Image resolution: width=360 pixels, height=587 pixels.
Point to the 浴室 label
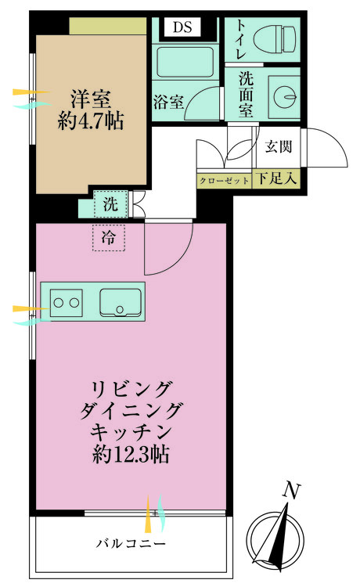[x=169, y=101]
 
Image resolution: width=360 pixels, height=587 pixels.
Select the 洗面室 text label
[x=246, y=94]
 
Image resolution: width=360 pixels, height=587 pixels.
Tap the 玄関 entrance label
[x=278, y=146]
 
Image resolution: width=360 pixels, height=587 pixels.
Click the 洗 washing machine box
[x=110, y=206]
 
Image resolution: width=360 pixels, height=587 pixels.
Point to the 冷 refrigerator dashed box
[x=109, y=239]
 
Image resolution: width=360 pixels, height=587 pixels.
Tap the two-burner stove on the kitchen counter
[x=67, y=301]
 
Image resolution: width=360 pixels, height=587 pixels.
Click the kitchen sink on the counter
[x=120, y=301]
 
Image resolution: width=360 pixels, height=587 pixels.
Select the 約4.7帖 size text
[x=92, y=121]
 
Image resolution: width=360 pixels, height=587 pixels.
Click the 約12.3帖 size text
[x=131, y=454]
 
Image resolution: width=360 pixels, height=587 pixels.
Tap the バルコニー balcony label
[x=131, y=542]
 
